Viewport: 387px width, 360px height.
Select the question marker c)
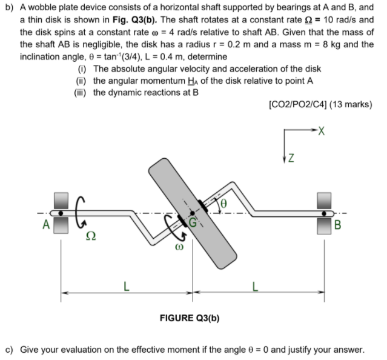click(10, 350)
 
